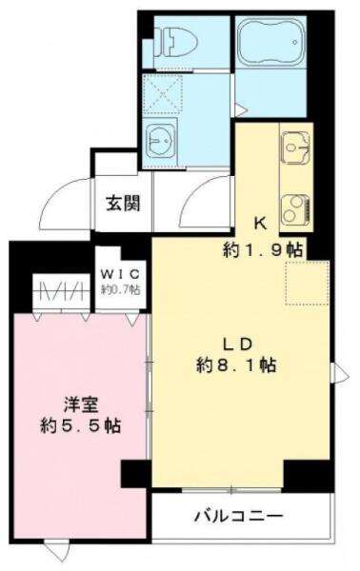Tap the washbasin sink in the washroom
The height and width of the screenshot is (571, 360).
coord(160,140)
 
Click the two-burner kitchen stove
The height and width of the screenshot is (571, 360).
coord(295,209)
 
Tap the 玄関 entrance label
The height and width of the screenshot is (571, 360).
coord(123,204)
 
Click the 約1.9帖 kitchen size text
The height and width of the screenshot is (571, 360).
coord(263,249)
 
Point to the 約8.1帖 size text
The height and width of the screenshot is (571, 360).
coord(236,364)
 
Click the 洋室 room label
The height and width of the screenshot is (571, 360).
coord(81,405)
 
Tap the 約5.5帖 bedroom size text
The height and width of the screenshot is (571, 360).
coord(81,425)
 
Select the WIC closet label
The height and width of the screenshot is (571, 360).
coord(120,273)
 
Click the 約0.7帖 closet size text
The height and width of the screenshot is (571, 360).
coord(120,289)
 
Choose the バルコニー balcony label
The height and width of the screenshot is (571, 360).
coord(239,516)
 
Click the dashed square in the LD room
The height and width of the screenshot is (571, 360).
coord(308,283)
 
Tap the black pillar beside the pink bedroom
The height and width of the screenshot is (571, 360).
coord(135,474)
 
